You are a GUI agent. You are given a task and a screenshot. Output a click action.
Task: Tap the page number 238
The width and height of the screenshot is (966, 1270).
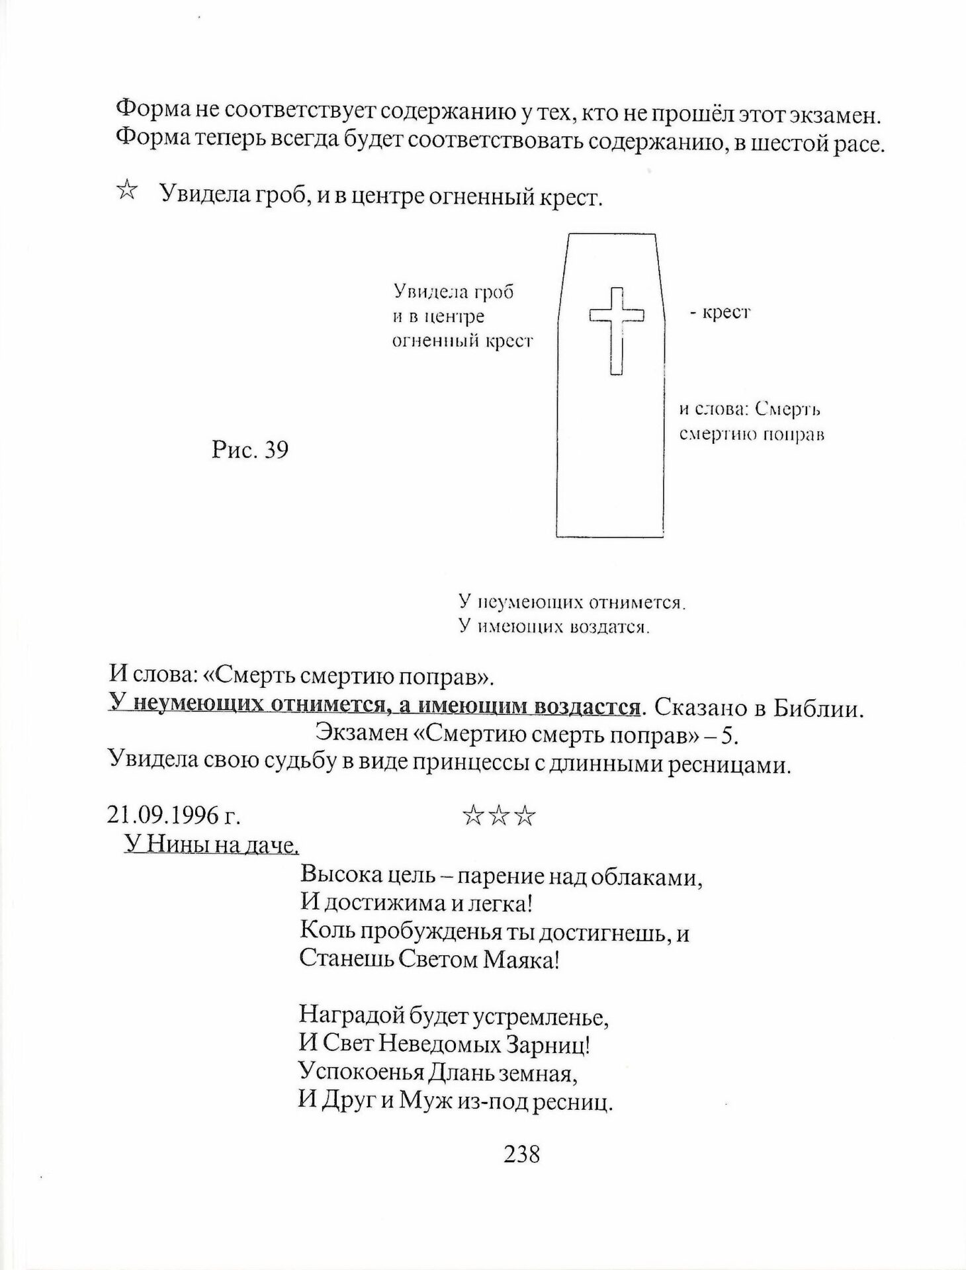point(522,1154)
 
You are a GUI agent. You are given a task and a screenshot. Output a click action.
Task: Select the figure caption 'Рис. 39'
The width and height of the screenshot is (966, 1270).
point(250,450)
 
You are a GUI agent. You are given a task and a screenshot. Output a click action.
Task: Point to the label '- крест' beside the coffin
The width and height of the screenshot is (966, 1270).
point(719,312)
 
